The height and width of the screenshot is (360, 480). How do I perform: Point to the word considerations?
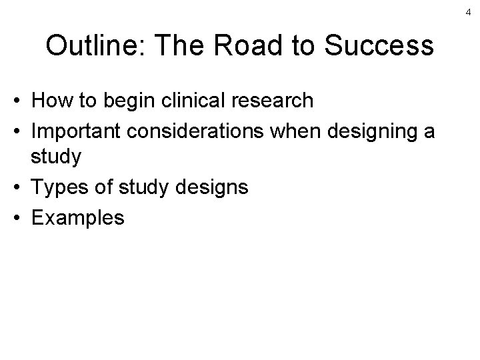pyautogui.click(x=197, y=131)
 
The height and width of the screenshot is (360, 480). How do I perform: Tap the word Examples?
pyautogui.click(x=77, y=217)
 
